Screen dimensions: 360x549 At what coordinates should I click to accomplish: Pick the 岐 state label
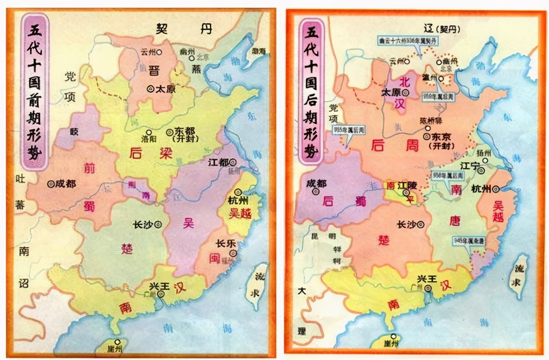74,132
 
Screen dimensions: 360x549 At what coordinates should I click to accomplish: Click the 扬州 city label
484,153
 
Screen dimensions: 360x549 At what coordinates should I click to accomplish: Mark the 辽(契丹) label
441,29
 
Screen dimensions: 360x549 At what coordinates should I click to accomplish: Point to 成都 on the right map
316,183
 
